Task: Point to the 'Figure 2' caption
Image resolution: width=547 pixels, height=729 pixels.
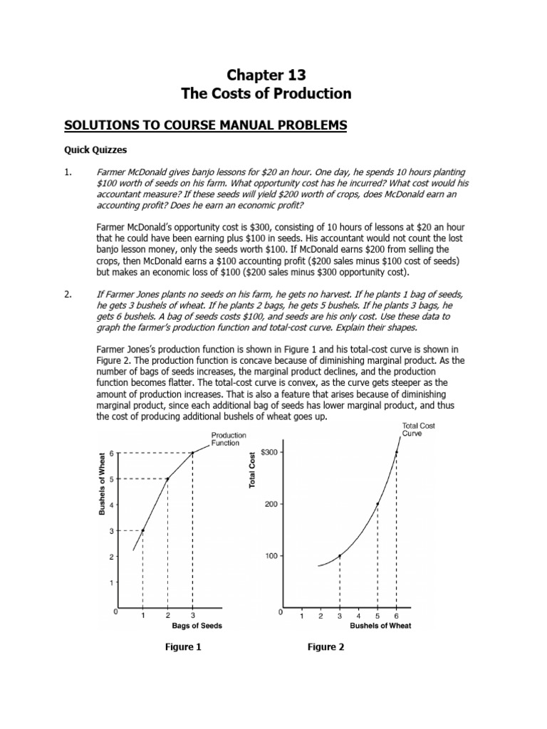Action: click(326, 647)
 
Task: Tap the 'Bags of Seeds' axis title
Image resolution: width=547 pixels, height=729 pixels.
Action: click(197, 626)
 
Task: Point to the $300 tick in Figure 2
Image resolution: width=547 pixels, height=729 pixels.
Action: click(270, 452)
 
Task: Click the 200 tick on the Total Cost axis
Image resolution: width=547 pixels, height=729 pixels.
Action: click(271, 504)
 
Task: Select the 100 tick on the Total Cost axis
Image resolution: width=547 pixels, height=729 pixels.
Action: click(271, 556)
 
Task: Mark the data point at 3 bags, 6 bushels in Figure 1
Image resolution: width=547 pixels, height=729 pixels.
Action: click(192, 453)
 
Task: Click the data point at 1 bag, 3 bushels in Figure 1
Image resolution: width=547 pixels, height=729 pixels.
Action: click(142, 530)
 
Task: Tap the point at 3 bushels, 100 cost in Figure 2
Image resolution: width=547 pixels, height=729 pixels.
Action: click(340, 556)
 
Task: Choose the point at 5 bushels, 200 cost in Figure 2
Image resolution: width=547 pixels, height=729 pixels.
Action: click(377, 504)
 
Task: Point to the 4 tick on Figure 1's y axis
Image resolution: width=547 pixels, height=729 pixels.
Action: click(110, 505)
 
